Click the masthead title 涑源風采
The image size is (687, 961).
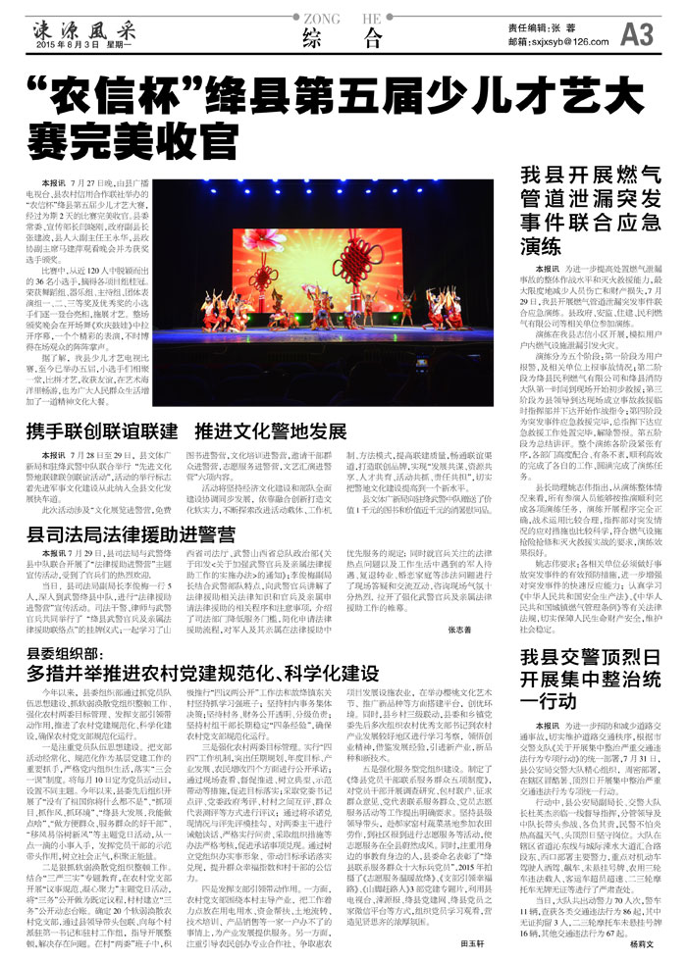click(78, 24)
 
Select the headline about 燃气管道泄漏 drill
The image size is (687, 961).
click(589, 212)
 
